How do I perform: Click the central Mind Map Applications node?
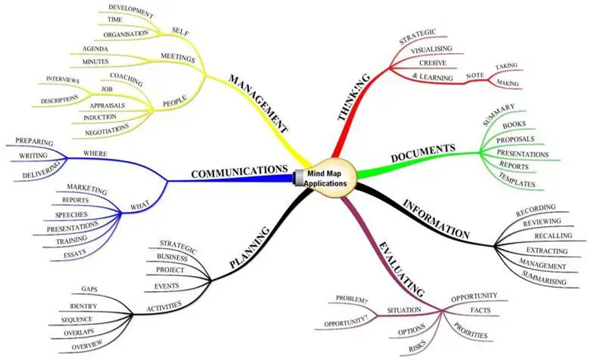[x=327, y=178]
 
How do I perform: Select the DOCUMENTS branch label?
[x=423, y=153]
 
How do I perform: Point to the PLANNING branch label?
[x=250, y=247]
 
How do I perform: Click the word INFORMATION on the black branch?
[x=436, y=218]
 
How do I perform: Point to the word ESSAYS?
[x=75, y=252]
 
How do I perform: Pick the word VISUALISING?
[x=431, y=48]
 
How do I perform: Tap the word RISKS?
[x=418, y=348]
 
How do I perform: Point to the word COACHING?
[x=126, y=79]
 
